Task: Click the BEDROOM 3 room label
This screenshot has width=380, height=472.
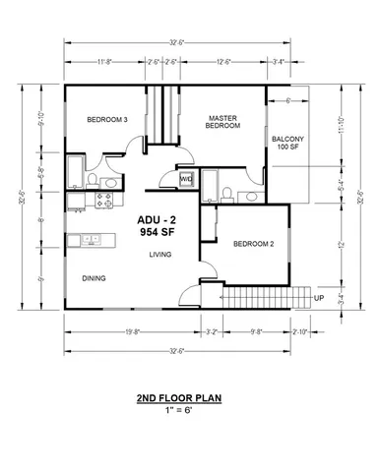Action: click(107, 120)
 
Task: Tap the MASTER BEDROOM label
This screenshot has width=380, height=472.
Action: click(223, 122)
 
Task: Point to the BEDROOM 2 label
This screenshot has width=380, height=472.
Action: click(252, 243)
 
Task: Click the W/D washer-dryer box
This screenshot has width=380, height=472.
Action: click(186, 178)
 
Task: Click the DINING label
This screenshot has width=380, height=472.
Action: click(95, 277)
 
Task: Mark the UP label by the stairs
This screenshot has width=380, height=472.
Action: click(318, 297)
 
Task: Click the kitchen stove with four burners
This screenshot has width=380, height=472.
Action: click(100, 202)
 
